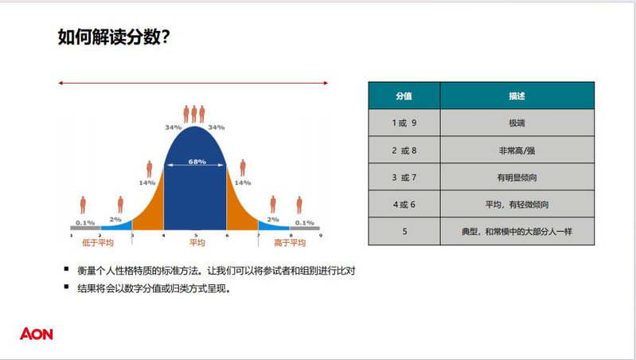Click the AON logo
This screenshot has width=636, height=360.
(x=37, y=334)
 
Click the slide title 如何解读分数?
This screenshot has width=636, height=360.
(x=114, y=37)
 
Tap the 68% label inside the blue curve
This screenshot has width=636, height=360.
(x=197, y=162)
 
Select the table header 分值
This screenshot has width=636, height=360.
(x=404, y=96)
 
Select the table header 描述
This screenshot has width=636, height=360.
(x=517, y=96)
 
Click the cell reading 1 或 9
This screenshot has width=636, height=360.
(x=404, y=123)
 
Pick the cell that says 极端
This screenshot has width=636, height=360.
(x=517, y=123)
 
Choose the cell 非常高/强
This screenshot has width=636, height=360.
(x=517, y=151)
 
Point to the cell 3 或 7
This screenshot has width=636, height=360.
(x=404, y=178)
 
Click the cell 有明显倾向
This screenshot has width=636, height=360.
(x=517, y=178)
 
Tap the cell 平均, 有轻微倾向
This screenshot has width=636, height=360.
(x=517, y=205)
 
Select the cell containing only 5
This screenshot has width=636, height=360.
(x=404, y=231)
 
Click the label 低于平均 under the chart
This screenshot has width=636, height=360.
(x=98, y=243)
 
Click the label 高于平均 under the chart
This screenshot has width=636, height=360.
(x=290, y=243)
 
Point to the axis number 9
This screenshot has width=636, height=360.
(x=321, y=236)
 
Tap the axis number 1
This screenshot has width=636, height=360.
(x=72, y=236)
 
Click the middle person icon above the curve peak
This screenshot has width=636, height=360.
(x=194, y=114)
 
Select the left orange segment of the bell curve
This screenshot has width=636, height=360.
(x=150, y=207)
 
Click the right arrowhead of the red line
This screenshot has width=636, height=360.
(x=326, y=83)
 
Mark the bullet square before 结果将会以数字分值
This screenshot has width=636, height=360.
(x=67, y=287)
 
